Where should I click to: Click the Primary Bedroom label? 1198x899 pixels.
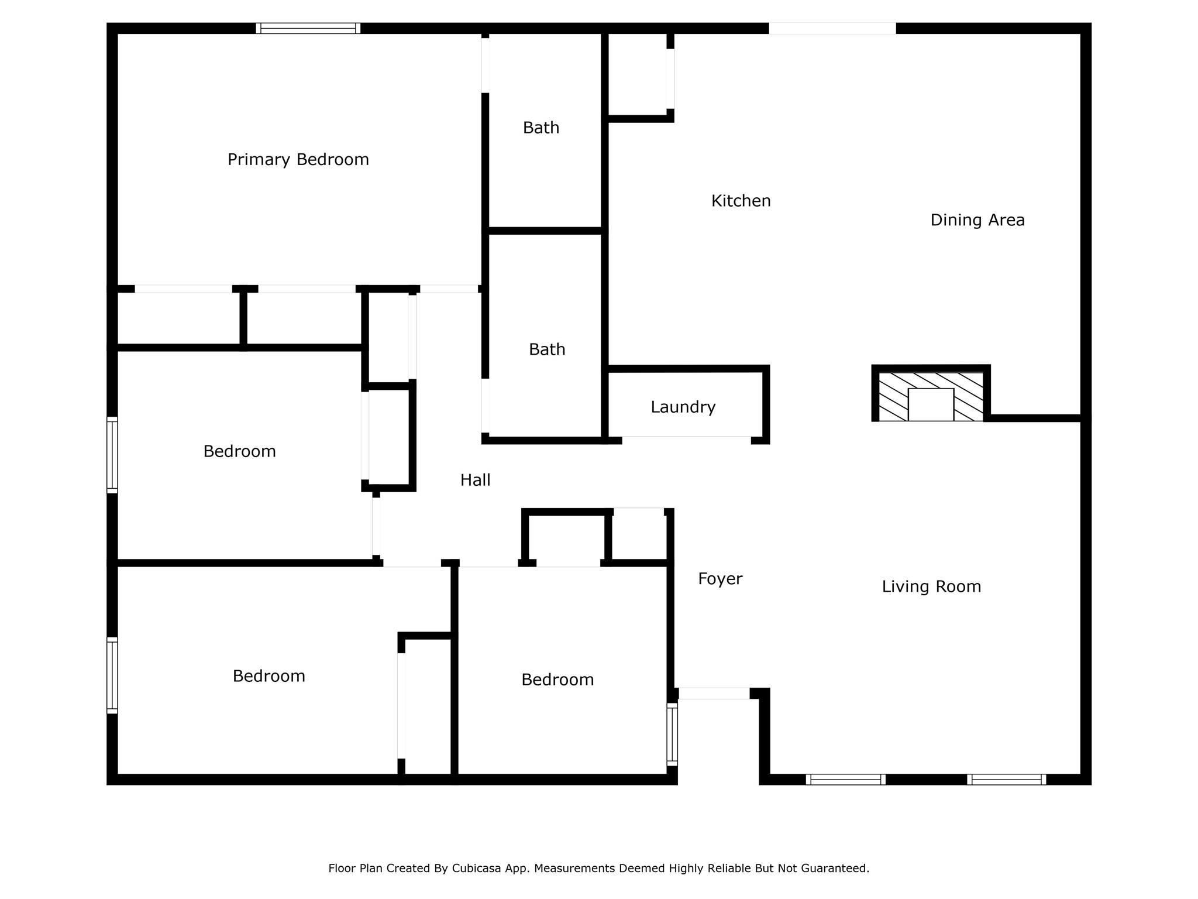pyautogui.click(x=298, y=160)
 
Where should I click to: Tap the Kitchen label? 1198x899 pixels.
pyautogui.click(x=741, y=201)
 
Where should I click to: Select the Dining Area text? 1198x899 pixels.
pyautogui.click(x=977, y=220)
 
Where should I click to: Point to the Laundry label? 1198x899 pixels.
pyautogui.click(x=683, y=407)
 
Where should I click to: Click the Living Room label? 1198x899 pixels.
pyautogui.click(x=931, y=586)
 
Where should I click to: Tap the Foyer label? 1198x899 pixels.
pyautogui.click(x=720, y=579)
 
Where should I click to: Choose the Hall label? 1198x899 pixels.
pyautogui.click(x=475, y=480)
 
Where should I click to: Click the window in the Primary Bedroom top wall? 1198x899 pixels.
pyautogui.click(x=308, y=28)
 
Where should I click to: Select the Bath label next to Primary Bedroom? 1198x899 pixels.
pyautogui.click(x=541, y=128)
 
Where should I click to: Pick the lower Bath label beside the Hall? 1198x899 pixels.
pyautogui.click(x=547, y=349)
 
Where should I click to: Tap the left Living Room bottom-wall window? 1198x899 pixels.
pyautogui.click(x=845, y=779)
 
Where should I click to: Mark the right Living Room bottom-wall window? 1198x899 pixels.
pyautogui.click(x=1006, y=779)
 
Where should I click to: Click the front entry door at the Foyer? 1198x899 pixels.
pyautogui.click(x=714, y=694)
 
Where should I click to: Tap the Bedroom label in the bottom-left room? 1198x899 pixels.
pyautogui.click(x=269, y=676)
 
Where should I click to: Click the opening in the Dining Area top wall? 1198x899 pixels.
pyautogui.click(x=832, y=28)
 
